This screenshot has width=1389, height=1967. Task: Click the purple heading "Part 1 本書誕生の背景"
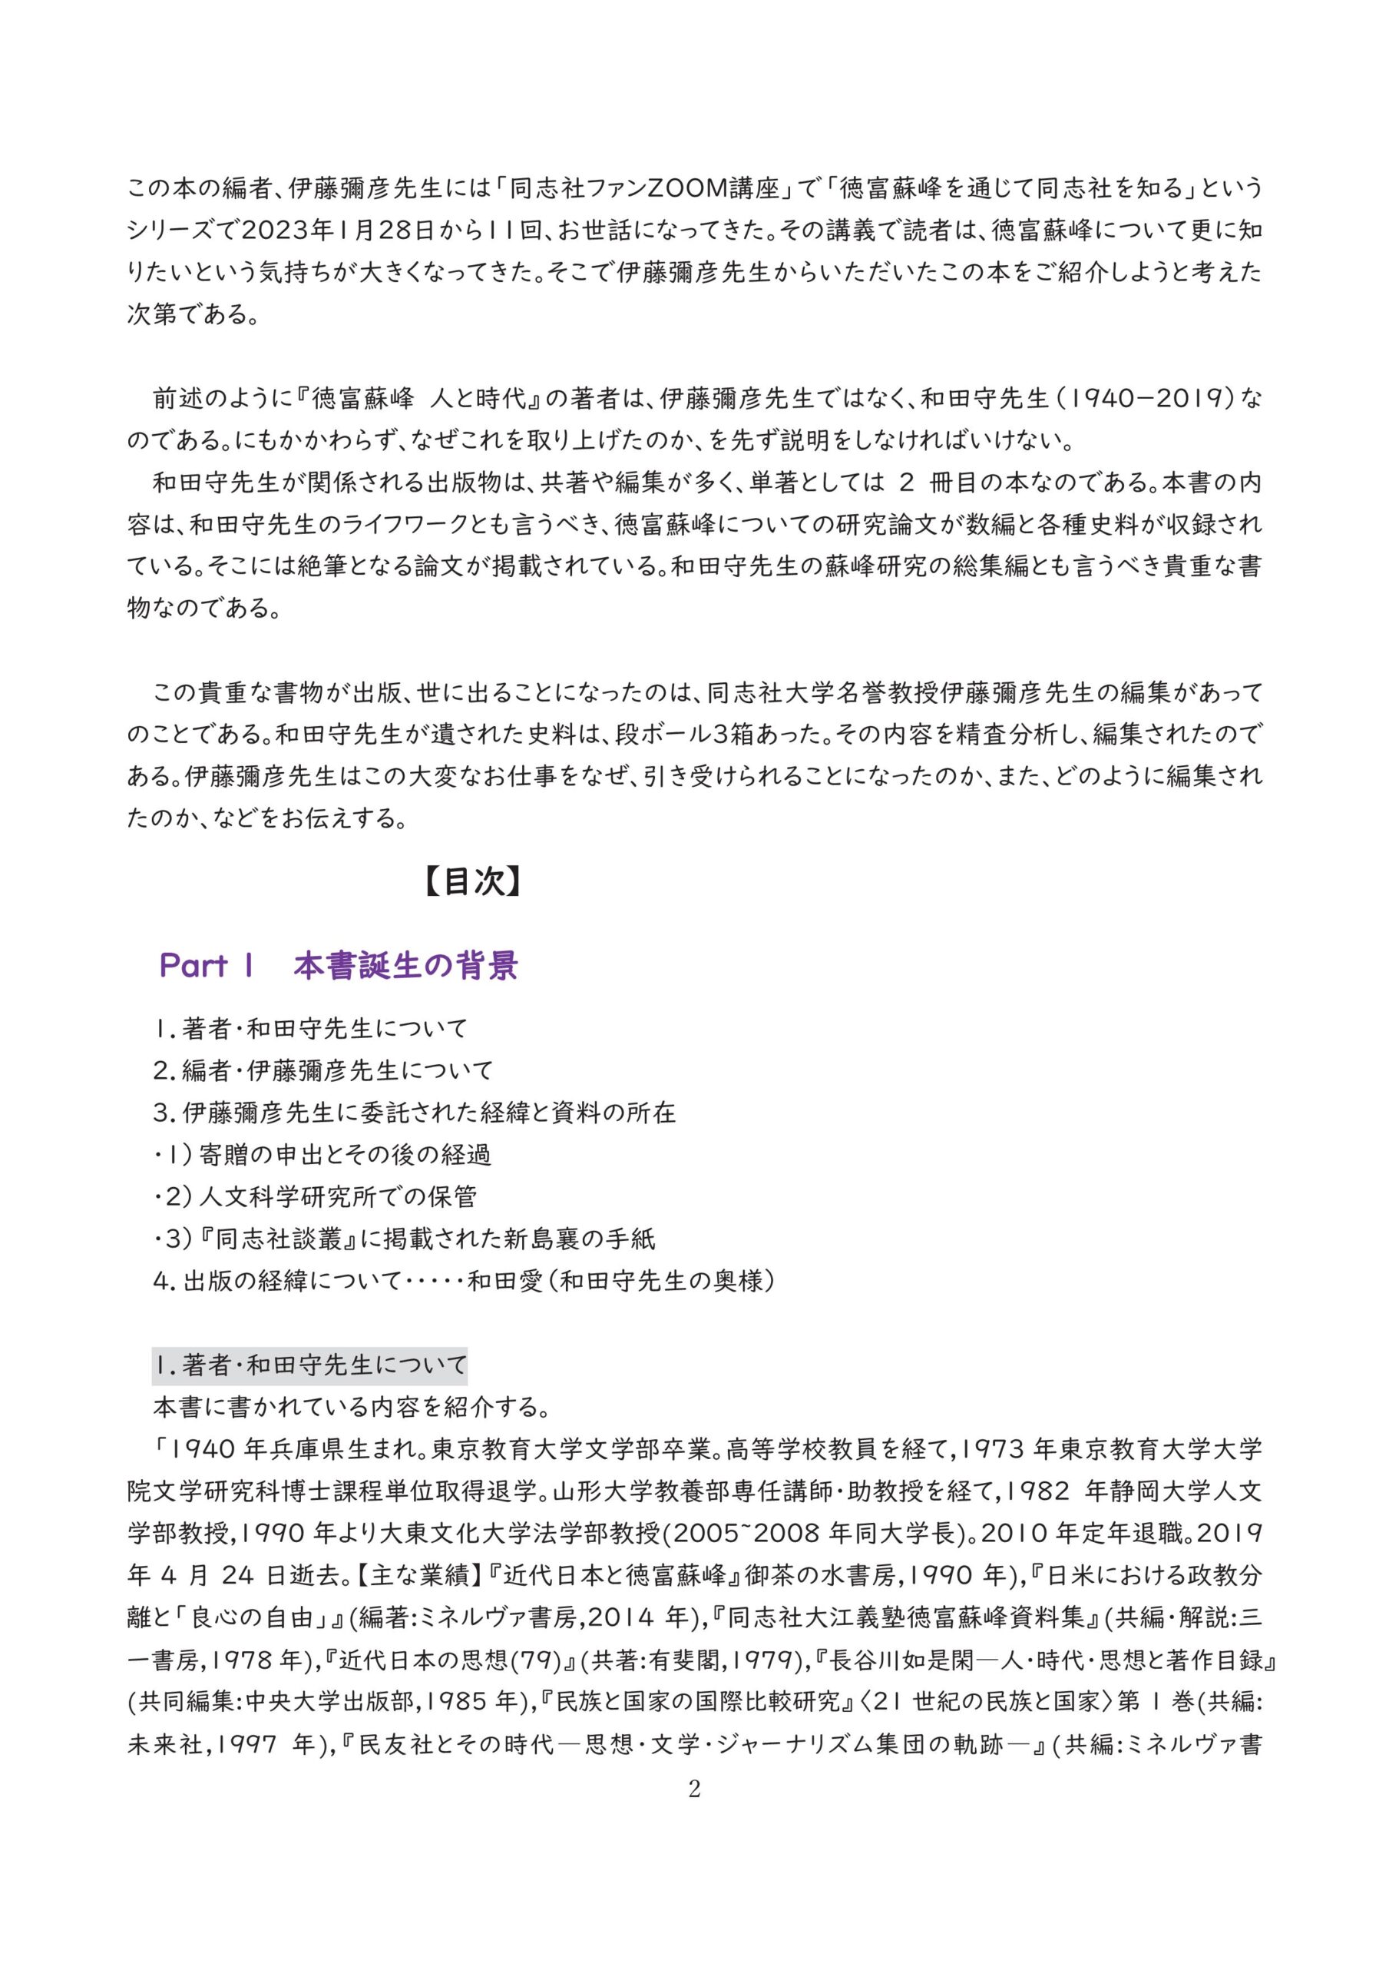[x=339, y=966]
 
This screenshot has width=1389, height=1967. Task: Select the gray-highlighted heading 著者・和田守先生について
[x=310, y=1364]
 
